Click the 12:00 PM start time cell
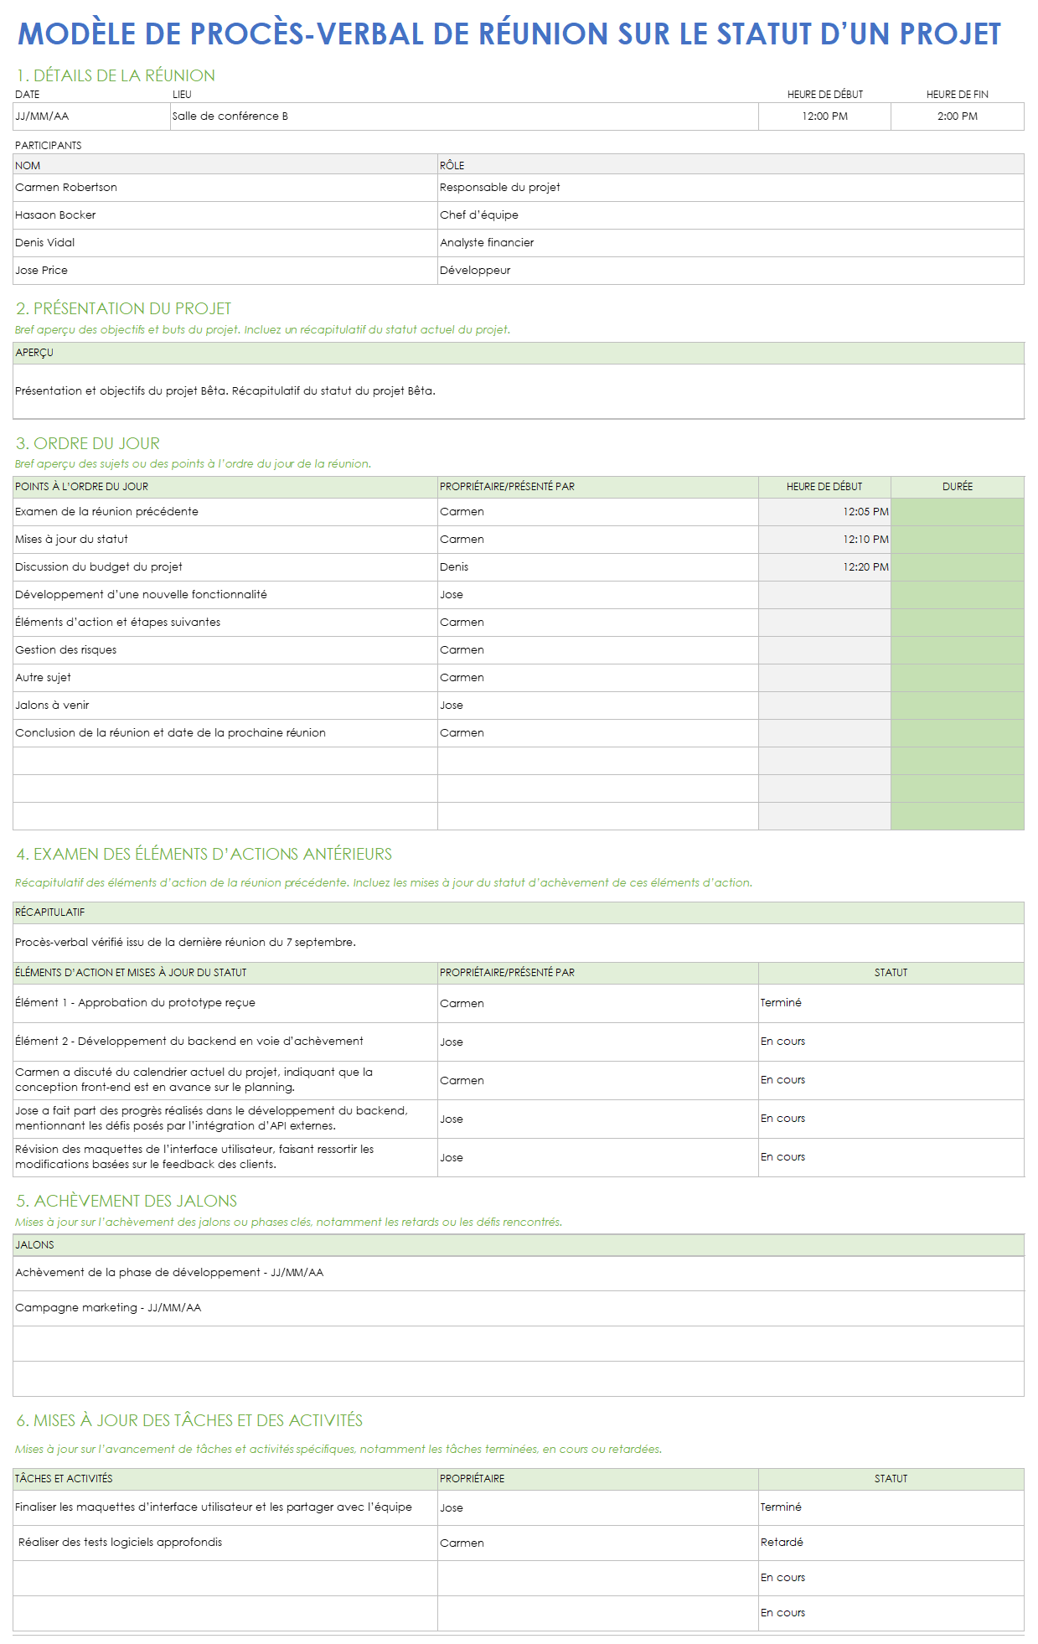824,116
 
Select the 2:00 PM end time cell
957,116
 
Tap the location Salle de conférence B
230,116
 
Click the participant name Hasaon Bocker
56,215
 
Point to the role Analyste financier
487,243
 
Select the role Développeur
475,271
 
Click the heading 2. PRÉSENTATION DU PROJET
124,308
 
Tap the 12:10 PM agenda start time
865,540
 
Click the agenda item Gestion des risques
66,650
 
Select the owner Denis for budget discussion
454,567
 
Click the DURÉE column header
957,487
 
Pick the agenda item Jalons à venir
52,706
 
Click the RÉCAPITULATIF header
50,912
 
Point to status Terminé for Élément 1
781,1003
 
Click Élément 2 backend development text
189,1042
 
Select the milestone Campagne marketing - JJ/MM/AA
108,1308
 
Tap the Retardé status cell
782,1543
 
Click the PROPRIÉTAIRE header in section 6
473,1479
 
